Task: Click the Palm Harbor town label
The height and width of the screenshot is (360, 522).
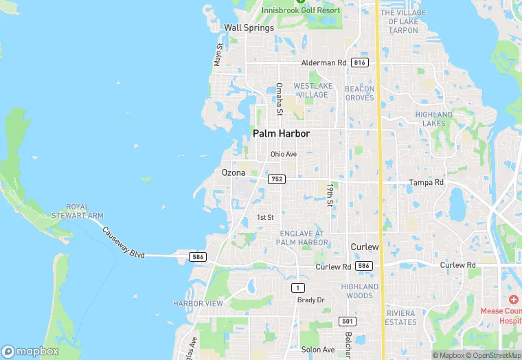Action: [281, 133]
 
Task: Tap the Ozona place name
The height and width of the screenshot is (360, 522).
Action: [234, 172]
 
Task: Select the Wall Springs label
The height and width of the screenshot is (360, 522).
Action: [249, 27]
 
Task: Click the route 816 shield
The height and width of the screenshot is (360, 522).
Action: [359, 63]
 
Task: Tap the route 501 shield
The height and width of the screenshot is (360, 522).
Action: [348, 321]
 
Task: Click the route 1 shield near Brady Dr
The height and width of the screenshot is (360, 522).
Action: [297, 287]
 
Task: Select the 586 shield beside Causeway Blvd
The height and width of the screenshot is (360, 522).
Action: [198, 256]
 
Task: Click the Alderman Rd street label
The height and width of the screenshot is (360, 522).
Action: [324, 63]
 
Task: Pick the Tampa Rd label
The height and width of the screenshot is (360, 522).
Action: [427, 183]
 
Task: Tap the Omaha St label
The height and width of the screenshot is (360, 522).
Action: [280, 99]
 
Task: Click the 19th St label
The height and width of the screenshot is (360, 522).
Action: [330, 194]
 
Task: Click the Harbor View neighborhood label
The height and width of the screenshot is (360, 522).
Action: [198, 303]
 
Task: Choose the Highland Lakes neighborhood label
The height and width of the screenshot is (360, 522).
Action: [433, 119]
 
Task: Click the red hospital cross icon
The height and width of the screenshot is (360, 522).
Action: [513, 300]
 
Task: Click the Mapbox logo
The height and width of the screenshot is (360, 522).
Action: [30, 351]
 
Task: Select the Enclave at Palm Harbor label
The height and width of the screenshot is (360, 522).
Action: [304, 238]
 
